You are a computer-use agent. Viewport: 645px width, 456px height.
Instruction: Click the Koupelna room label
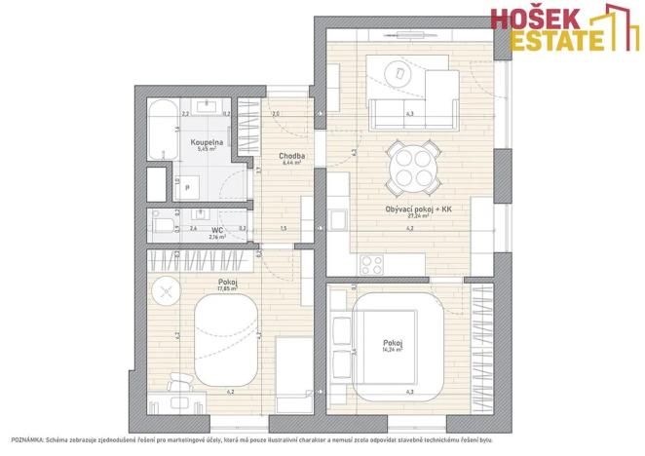[207, 142]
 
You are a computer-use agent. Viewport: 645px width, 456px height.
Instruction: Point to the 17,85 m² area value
[203, 288]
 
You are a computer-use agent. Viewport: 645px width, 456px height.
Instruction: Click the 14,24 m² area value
[393, 349]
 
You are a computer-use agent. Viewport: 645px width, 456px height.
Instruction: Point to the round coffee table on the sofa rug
[398, 72]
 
